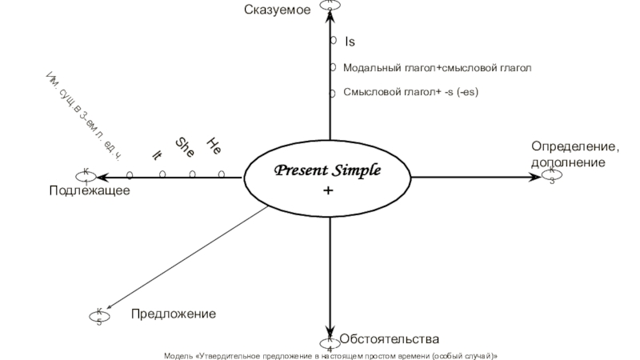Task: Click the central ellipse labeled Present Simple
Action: (x=329, y=178)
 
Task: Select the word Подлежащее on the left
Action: (x=89, y=190)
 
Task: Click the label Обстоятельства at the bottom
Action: (x=389, y=339)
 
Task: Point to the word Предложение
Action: (x=174, y=314)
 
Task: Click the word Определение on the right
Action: (x=575, y=147)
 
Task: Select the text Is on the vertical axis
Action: (x=350, y=40)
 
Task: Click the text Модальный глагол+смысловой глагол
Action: (x=437, y=69)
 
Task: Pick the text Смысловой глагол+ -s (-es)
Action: (x=410, y=92)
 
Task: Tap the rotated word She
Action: (x=185, y=147)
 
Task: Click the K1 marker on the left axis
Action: (x=85, y=174)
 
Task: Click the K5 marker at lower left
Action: (x=98, y=315)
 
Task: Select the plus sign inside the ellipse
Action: (x=328, y=192)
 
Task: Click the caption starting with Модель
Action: (x=330, y=354)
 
